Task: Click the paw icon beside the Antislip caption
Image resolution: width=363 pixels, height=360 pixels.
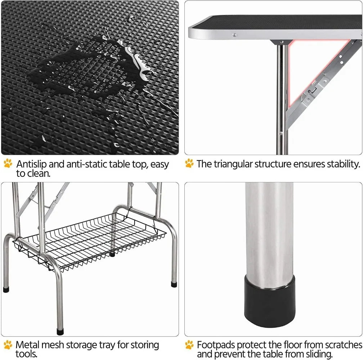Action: (8, 164)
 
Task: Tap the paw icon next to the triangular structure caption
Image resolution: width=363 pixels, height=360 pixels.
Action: (189, 164)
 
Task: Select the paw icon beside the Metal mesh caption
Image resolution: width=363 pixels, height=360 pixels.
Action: (8, 345)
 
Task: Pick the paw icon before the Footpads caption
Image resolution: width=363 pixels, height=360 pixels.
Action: (189, 345)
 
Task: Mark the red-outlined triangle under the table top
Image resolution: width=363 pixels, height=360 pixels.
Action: (306, 68)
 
